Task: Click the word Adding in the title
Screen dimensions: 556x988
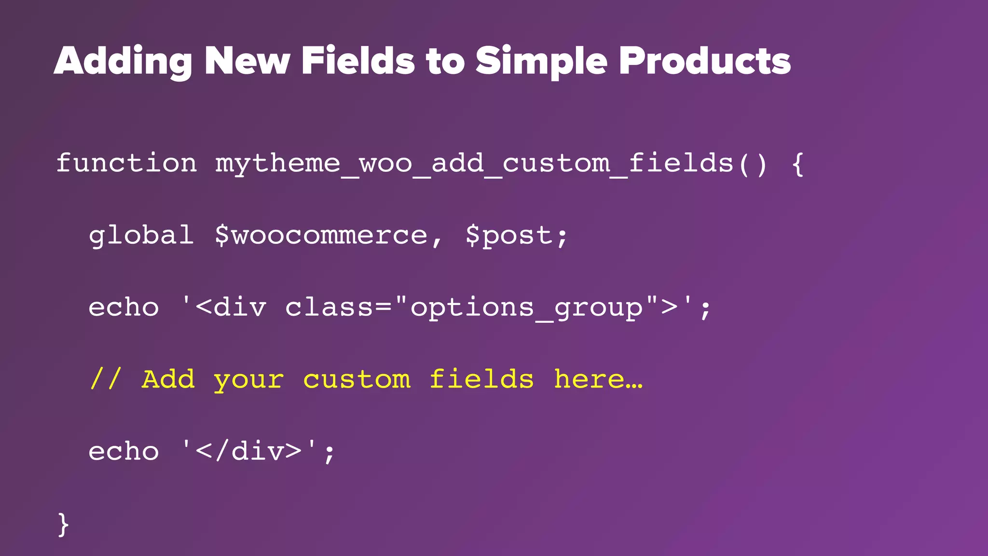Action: (x=123, y=62)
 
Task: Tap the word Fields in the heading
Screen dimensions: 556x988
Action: (x=357, y=61)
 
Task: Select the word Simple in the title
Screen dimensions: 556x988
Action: (x=541, y=62)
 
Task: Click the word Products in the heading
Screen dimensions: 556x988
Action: (x=704, y=61)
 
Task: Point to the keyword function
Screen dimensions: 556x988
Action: (x=126, y=163)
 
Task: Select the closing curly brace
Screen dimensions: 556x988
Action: (x=63, y=525)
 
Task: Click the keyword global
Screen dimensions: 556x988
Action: (x=141, y=235)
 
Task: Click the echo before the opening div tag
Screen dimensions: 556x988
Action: (x=123, y=307)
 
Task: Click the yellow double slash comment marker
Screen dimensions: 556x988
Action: (x=105, y=379)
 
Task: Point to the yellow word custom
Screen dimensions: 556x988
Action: (x=357, y=379)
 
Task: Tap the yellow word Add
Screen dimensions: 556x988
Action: (x=168, y=379)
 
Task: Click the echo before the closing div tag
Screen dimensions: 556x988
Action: (x=123, y=452)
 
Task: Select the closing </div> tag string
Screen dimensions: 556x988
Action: (x=249, y=452)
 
